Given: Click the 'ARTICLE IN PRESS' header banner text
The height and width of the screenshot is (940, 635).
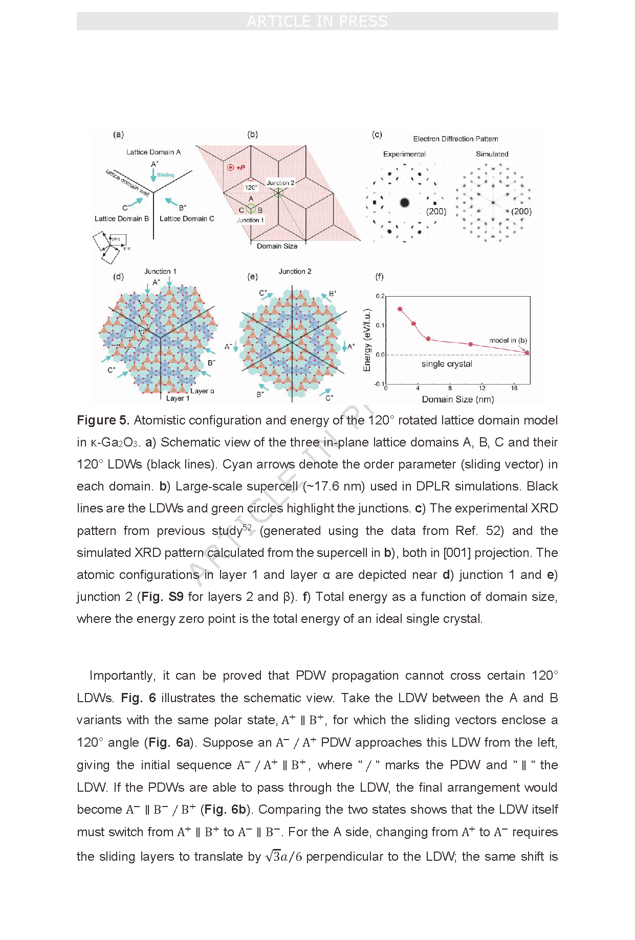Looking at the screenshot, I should (x=317, y=21).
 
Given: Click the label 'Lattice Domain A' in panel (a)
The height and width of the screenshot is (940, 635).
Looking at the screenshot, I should (x=154, y=152).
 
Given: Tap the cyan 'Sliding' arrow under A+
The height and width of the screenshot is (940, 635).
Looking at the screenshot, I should (x=154, y=175).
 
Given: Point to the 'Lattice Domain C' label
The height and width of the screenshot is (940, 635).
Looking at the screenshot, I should (x=187, y=218).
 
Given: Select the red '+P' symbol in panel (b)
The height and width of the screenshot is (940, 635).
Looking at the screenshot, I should (x=236, y=167).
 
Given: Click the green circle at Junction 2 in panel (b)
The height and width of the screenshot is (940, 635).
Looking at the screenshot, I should (x=278, y=193).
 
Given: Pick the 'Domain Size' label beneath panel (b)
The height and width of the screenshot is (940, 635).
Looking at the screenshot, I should (x=277, y=246).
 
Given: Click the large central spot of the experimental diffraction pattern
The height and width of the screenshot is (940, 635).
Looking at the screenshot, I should (x=405, y=203).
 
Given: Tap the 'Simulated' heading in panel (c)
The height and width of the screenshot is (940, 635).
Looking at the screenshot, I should (x=492, y=154).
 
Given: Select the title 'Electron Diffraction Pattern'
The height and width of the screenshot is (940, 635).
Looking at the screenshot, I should (x=455, y=139).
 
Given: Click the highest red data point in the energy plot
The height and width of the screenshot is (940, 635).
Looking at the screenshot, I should (x=400, y=309).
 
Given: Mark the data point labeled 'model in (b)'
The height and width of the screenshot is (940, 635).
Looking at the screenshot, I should (x=527, y=352).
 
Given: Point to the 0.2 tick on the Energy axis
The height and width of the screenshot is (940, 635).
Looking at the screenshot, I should (x=380, y=296).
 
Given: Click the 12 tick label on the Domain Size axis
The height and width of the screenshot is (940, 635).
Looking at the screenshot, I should (x=482, y=388).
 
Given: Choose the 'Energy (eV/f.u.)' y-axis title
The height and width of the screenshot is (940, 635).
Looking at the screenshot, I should (x=367, y=340).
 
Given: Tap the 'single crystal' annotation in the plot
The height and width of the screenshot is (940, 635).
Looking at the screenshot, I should (x=447, y=364).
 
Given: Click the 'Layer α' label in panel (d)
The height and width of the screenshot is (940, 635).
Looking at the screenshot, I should (x=202, y=391).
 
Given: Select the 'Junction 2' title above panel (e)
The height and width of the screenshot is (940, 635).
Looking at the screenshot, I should (x=295, y=272).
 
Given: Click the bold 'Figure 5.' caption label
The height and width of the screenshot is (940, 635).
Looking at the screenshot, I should (x=103, y=420).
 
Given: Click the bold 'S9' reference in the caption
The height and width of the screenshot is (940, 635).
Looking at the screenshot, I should (x=176, y=597).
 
